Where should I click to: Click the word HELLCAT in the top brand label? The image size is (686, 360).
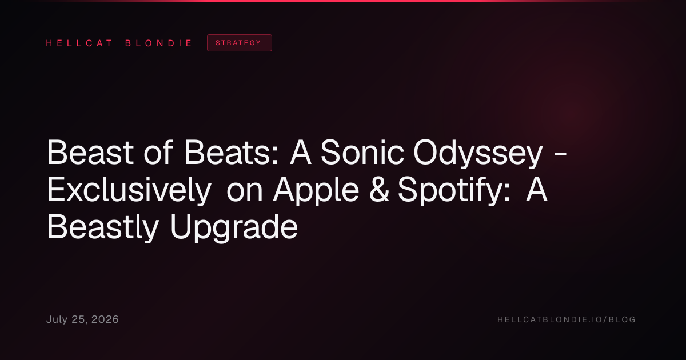point(79,43)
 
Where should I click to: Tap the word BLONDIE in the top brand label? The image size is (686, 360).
point(159,43)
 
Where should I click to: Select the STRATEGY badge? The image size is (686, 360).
point(240,43)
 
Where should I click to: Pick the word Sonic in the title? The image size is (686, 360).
point(362,153)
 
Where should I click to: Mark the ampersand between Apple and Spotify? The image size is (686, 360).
point(379,190)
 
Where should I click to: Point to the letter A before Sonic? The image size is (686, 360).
point(301,153)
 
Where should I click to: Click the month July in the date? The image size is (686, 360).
point(57,319)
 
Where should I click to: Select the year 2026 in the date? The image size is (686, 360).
point(105,319)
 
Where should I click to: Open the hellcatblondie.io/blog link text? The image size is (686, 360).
point(567,319)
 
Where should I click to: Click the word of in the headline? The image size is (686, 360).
point(158,153)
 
